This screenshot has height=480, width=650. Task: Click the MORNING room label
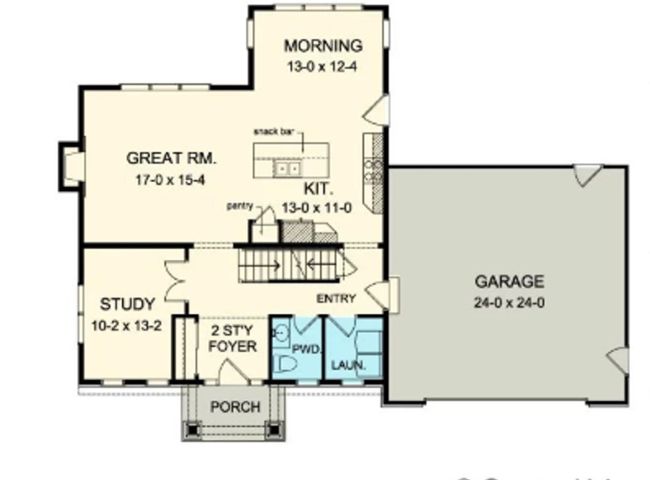(x=323, y=46)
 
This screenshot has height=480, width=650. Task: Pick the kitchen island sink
(x=287, y=169)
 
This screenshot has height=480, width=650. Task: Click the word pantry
(x=240, y=204)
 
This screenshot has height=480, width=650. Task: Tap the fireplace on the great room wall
(x=70, y=165)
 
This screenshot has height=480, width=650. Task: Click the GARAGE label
(x=510, y=282)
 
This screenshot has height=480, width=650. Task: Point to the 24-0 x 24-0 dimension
(x=510, y=302)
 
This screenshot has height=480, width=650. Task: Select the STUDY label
(x=127, y=302)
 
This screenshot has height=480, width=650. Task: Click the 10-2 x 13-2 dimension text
(x=127, y=322)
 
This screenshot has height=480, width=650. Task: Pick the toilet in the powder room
(x=286, y=363)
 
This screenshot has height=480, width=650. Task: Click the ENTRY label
(x=335, y=299)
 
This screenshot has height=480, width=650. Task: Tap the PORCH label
(x=234, y=408)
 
